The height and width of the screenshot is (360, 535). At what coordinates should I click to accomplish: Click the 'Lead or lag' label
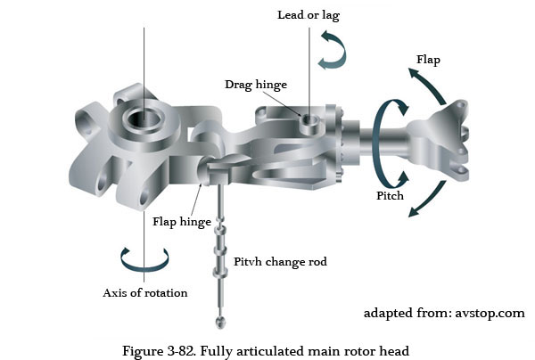click(309, 15)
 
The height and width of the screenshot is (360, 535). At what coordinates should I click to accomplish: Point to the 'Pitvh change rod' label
click(281, 262)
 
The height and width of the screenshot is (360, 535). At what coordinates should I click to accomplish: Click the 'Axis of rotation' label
click(144, 292)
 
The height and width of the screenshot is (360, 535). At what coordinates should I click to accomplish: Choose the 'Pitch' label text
click(390, 195)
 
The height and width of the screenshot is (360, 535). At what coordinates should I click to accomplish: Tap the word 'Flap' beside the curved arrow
click(430, 61)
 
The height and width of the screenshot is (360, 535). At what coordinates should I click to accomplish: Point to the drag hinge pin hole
click(308, 118)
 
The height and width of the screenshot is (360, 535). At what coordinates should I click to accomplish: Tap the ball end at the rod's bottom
click(216, 322)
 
